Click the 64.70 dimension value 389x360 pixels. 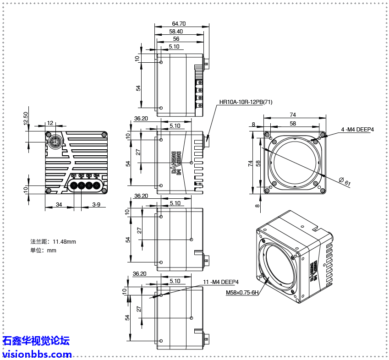tap(179, 23)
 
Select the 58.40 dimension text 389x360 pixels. tap(176, 31)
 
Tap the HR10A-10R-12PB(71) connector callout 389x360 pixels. tap(246, 102)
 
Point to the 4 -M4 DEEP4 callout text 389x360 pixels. tap(357, 130)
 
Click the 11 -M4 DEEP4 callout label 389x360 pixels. tap(221, 282)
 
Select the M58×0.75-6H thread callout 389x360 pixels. tap(242, 292)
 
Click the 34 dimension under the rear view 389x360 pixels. tap(59, 204)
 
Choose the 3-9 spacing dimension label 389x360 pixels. tap(96, 204)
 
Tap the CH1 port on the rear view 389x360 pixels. tap(73, 185)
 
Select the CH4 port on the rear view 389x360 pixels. tap(97, 185)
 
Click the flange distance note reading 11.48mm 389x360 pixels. tap(53, 241)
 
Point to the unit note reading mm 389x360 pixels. tap(44, 250)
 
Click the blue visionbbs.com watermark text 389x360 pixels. tap(37, 354)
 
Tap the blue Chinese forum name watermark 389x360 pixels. tap(36, 341)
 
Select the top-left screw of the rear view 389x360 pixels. tap(48, 135)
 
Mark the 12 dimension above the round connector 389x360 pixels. tap(50, 123)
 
